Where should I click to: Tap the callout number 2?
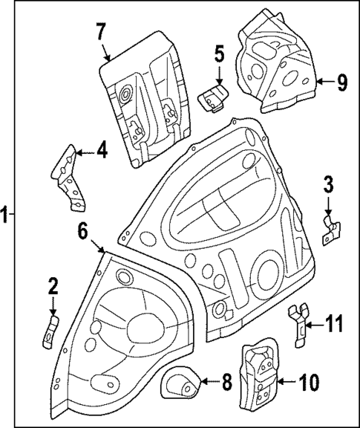[53, 285]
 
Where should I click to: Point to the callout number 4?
[102, 152]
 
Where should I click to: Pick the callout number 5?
[219, 54]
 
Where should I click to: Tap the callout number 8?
[227, 383]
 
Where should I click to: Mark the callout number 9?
[341, 82]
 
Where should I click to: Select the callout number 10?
[310, 383]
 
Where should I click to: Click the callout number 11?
[335, 323]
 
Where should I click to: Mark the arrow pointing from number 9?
[324, 82]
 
